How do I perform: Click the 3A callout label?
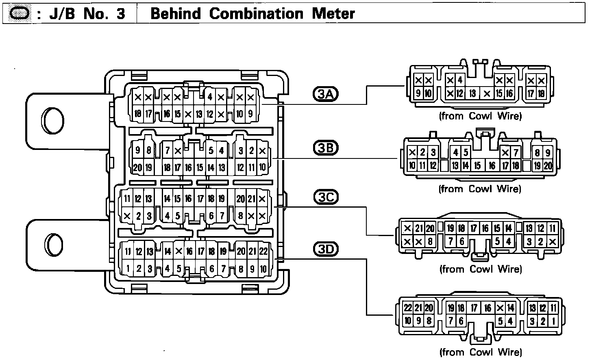(x=325, y=94)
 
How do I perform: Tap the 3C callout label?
(x=326, y=197)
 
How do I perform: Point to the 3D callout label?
(x=326, y=249)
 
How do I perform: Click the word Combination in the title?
(x=256, y=14)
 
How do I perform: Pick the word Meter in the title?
(x=333, y=14)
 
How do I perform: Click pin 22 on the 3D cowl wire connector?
(x=408, y=308)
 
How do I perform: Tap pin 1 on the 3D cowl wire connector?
(x=553, y=321)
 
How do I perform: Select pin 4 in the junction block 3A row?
(x=210, y=97)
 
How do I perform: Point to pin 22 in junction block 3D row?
(x=263, y=252)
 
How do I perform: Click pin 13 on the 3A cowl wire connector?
(x=472, y=94)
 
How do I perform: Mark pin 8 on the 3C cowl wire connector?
(x=430, y=242)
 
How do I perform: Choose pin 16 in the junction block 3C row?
(x=188, y=199)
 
